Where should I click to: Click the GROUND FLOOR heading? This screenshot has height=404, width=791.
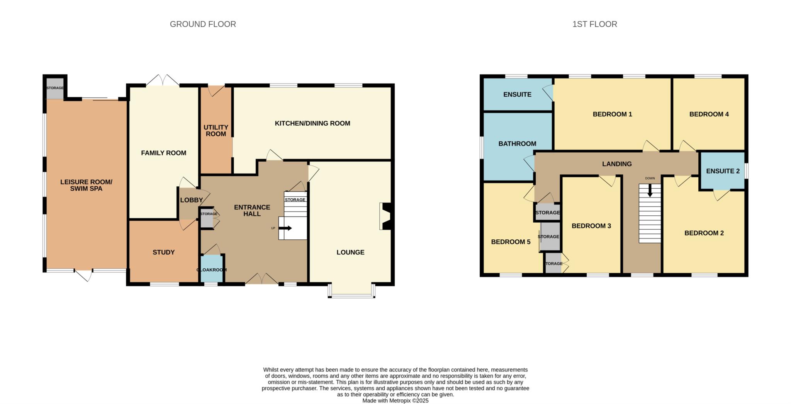click(x=203, y=24)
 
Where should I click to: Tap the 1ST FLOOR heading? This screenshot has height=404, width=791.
click(x=594, y=24)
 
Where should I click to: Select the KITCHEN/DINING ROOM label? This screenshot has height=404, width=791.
click(x=312, y=123)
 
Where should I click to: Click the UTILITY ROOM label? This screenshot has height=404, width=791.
click(x=216, y=131)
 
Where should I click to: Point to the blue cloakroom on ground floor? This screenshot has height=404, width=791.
click(x=211, y=269)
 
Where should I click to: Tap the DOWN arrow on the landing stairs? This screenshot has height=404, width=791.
click(x=650, y=190)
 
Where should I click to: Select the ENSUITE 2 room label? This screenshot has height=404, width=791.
click(x=723, y=171)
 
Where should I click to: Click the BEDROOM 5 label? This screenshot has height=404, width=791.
click(x=511, y=242)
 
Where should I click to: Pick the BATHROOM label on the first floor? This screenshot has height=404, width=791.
click(x=517, y=144)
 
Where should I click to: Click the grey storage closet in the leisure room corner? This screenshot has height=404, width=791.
click(x=55, y=89)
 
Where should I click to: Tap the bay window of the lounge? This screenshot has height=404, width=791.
click(x=351, y=291)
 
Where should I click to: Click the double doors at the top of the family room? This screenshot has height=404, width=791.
click(x=163, y=80)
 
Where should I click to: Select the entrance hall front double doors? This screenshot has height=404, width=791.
click(x=262, y=279)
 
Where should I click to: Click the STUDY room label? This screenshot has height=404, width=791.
click(x=164, y=252)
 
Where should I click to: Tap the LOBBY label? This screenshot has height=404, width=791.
click(x=191, y=200)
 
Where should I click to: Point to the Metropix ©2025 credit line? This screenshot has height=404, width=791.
click(x=395, y=401)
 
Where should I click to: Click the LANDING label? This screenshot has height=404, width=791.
click(x=617, y=164)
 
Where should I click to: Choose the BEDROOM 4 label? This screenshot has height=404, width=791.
click(x=709, y=114)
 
